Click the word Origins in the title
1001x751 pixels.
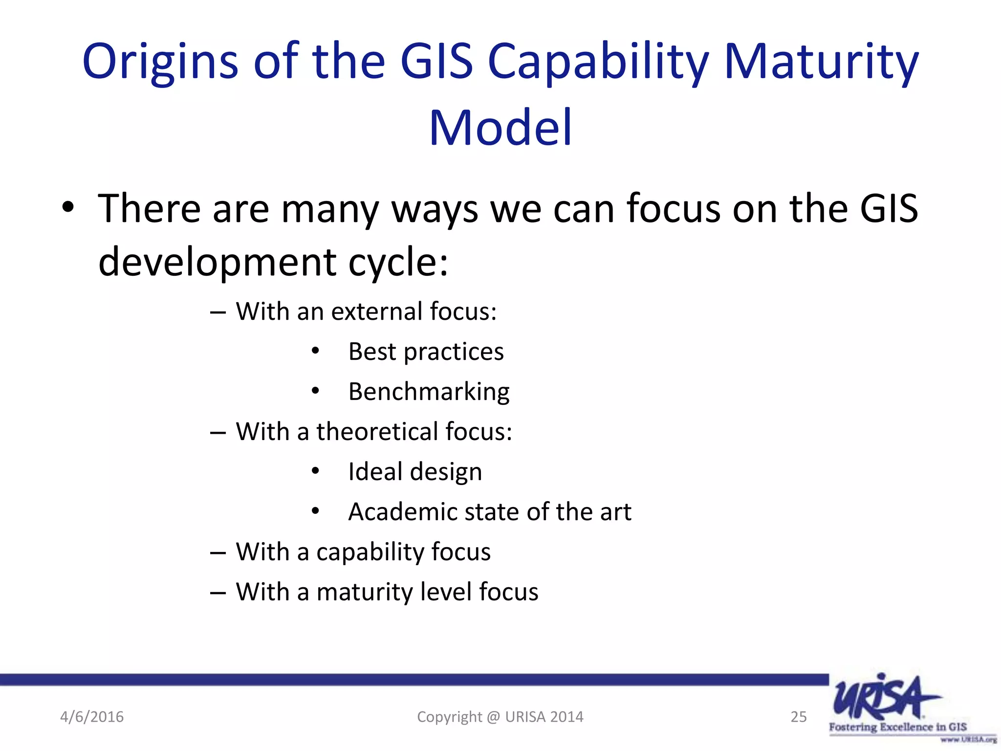(160, 62)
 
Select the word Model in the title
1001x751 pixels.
(500, 128)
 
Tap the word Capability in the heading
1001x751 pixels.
(598, 62)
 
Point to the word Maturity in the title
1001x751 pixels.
(821, 62)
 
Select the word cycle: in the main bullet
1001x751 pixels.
(398, 262)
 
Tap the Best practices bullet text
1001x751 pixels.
(426, 352)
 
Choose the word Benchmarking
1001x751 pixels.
(429, 392)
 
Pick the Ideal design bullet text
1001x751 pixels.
(415, 472)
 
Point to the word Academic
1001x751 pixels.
(402, 512)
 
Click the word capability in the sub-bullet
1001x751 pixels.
(370, 552)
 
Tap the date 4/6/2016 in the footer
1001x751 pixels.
(92, 717)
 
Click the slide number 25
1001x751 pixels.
(798, 717)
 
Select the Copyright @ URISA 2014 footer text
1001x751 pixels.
(500, 717)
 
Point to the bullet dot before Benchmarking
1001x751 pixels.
(315, 391)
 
